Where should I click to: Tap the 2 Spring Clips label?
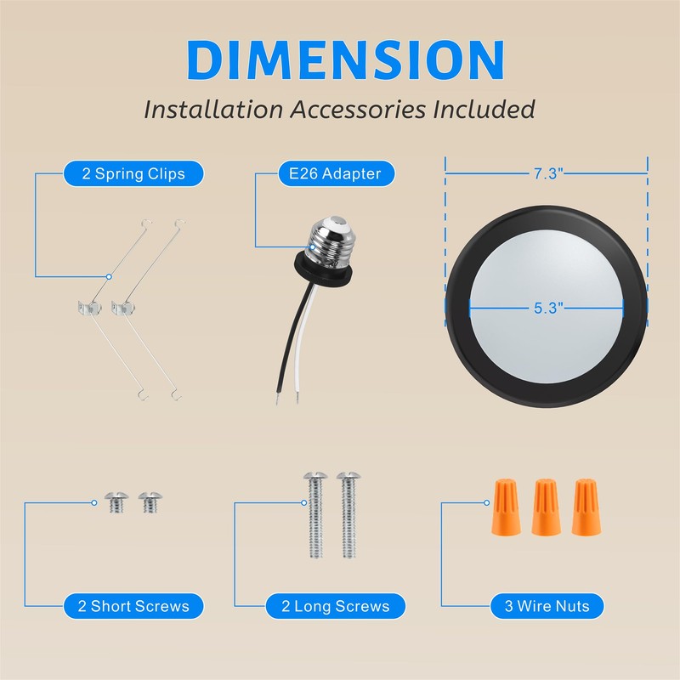pyautogui.click(x=133, y=174)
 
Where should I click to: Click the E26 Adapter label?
pyautogui.click(x=330, y=174)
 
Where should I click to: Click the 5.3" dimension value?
pyautogui.click(x=549, y=309)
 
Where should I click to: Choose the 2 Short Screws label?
pyautogui.click(x=133, y=606)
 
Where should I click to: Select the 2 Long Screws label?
pyautogui.click(x=335, y=606)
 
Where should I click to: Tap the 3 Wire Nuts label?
pyautogui.click(x=547, y=606)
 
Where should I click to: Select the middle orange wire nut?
pyautogui.click(x=544, y=507)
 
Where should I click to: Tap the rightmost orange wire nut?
pyautogui.click(x=583, y=507)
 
